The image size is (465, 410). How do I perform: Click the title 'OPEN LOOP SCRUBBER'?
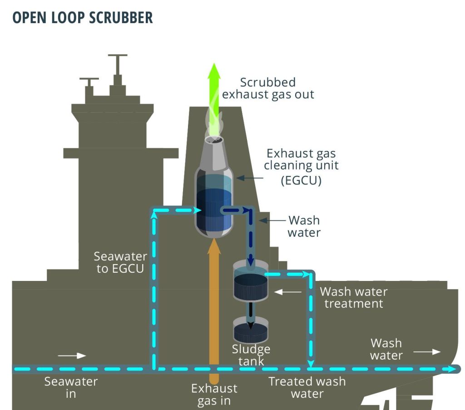[x=82, y=18]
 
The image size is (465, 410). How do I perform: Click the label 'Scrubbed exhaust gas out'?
[x=268, y=88]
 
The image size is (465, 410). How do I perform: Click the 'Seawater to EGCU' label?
[x=120, y=262]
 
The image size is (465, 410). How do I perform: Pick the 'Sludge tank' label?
[x=251, y=355]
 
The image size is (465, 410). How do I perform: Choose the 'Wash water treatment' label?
[x=353, y=297]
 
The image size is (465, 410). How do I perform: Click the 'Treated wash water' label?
[x=307, y=387]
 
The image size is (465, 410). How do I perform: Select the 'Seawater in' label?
[x=71, y=387]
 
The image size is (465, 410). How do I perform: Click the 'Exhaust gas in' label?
[x=214, y=395]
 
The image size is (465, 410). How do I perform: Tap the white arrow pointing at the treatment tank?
[x=288, y=291]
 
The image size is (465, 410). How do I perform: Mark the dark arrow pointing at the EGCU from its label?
[x=249, y=178]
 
